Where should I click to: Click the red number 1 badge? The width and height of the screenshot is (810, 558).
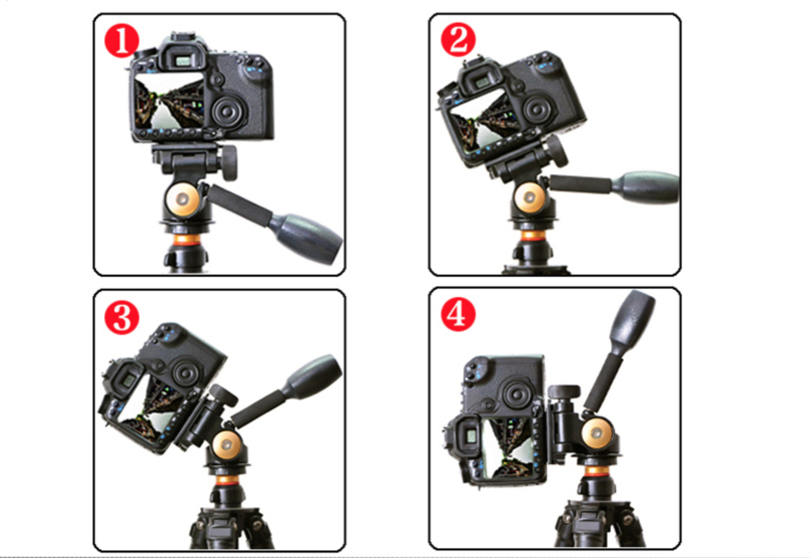[x=121, y=41]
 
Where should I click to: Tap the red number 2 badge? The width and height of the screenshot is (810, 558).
[x=458, y=39]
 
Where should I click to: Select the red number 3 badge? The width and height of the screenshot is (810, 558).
[x=121, y=317]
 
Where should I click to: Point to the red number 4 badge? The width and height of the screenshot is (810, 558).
[x=458, y=314]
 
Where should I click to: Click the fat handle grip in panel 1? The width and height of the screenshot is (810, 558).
[x=307, y=238]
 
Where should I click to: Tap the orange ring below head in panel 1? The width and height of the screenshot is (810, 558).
[x=185, y=239]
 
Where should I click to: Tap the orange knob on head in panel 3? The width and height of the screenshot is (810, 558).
[x=227, y=445]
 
